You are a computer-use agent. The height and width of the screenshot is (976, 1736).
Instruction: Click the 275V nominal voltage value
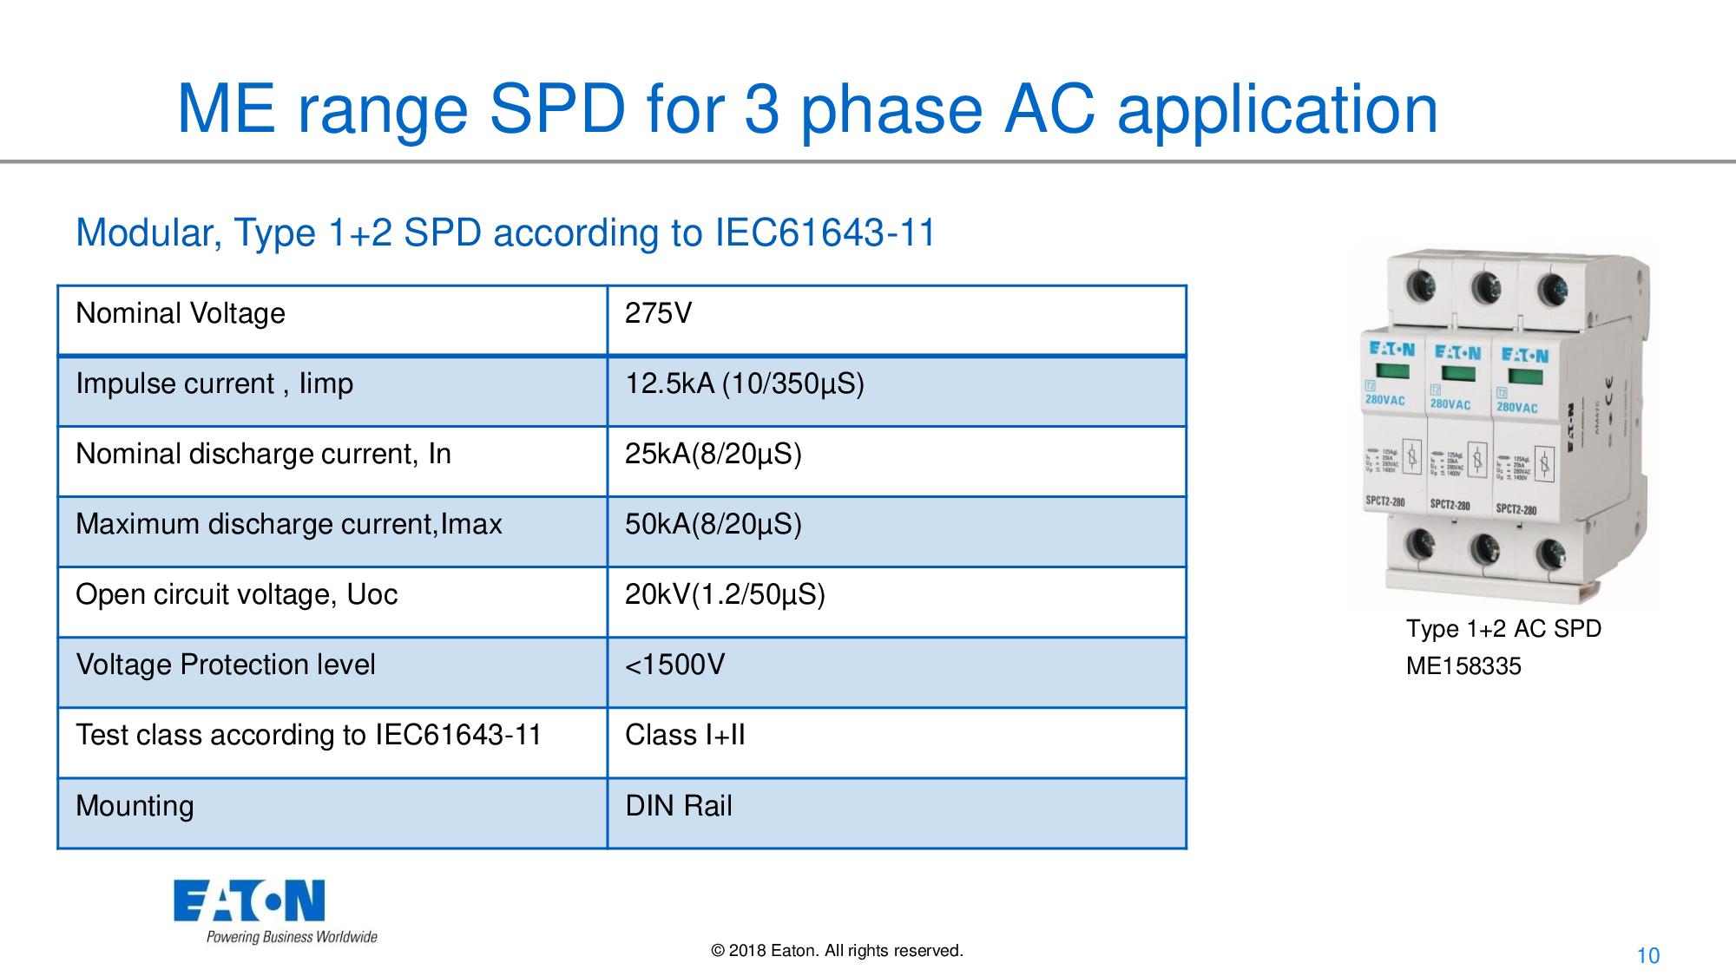[658, 313]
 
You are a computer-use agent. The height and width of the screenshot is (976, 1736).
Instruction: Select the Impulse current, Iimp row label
[214, 383]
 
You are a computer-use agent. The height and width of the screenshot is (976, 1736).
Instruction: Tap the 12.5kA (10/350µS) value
[745, 383]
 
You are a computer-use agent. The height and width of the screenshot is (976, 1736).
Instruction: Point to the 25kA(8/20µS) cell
[713, 454]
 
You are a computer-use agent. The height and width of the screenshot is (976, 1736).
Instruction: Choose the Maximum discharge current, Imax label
[289, 524]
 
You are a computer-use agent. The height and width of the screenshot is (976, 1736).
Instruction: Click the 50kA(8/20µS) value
[713, 524]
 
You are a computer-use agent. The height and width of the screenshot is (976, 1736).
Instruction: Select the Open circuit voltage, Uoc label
[236, 594]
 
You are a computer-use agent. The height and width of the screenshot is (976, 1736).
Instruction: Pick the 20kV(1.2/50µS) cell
[725, 594]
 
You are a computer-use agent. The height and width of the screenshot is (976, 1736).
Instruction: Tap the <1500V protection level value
[674, 665]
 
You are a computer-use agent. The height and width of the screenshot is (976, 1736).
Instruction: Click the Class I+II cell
[685, 735]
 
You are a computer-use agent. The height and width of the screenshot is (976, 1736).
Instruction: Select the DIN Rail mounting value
[679, 806]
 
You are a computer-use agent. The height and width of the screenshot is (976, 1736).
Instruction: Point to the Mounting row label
[135, 806]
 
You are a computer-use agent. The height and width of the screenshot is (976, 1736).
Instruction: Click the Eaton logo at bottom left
[250, 901]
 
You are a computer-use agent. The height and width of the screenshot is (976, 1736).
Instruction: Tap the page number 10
[1647, 956]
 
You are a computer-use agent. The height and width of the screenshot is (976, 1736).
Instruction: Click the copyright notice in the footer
[837, 951]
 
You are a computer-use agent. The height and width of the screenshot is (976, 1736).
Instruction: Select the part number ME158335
[1463, 666]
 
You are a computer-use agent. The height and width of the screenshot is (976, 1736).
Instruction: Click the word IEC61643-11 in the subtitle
[825, 233]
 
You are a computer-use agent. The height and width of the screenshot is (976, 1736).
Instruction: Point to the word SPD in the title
[556, 109]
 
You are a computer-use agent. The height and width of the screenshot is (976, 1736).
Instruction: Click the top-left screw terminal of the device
[1421, 285]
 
